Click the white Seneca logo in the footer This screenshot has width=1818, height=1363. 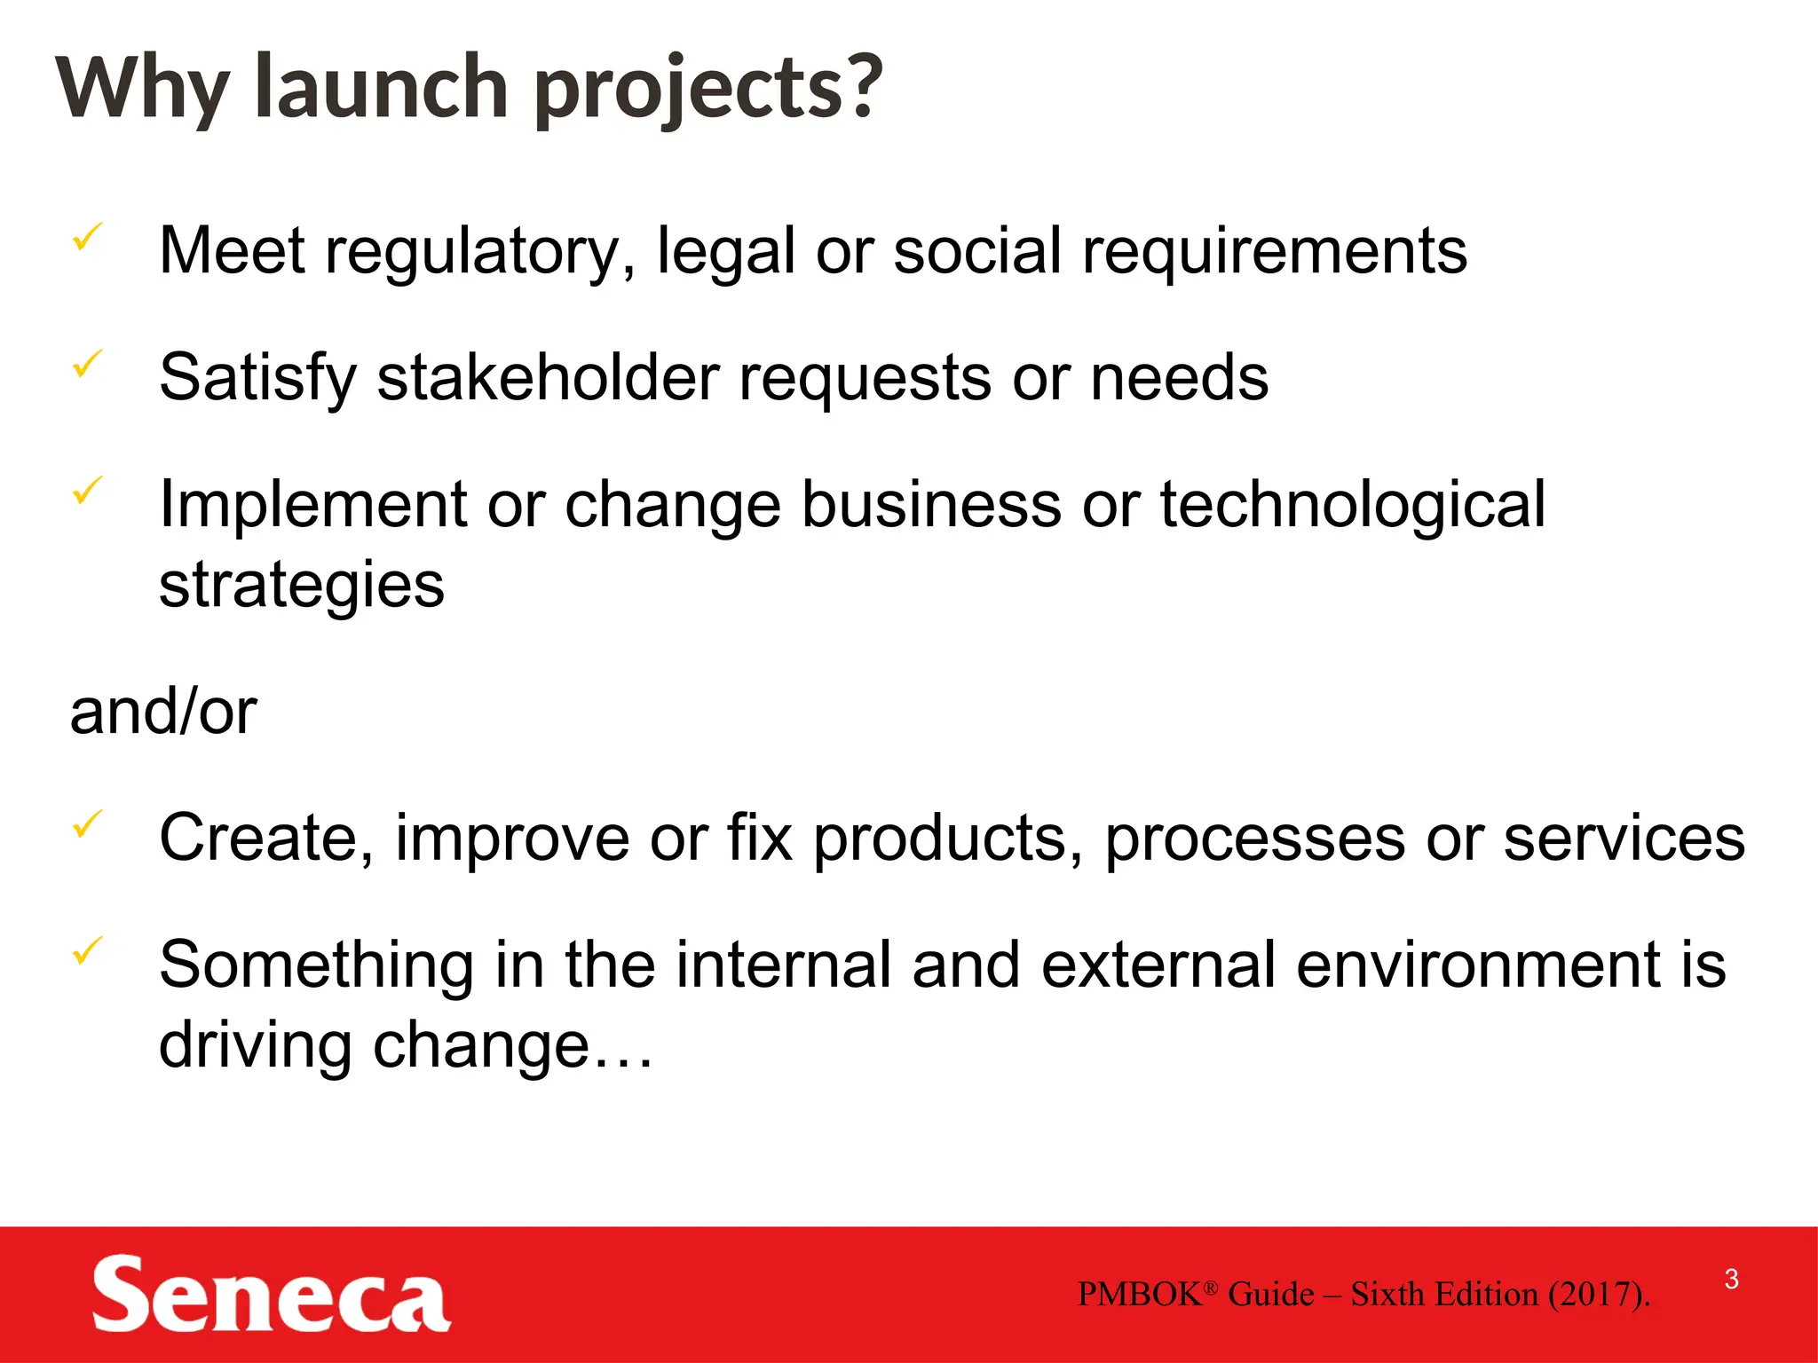pos(271,1295)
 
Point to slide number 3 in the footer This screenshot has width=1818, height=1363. pos(1731,1279)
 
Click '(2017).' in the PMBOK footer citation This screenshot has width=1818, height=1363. pos(1599,1295)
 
